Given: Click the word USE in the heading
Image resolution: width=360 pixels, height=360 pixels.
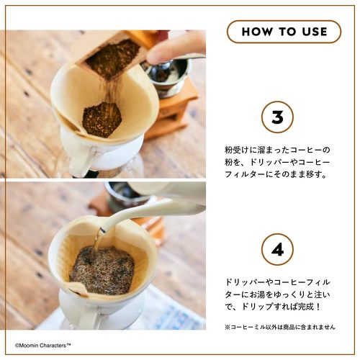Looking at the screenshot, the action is click(x=315, y=32).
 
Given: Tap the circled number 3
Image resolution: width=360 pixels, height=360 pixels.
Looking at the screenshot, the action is click(x=277, y=117).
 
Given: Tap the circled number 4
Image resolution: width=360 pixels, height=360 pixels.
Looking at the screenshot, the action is click(x=277, y=250).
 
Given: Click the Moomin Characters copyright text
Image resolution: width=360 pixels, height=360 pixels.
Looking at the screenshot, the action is click(x=43, y=346).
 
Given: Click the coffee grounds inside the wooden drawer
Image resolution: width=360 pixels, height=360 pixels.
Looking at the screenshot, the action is click(x=113, y=59).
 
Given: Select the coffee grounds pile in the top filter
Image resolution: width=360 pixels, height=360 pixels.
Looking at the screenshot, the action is click(x=102, y=120).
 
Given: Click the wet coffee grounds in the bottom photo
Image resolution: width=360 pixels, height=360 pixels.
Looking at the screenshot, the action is click(x=102, y=270).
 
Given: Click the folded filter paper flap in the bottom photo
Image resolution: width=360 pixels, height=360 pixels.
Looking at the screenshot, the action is click(x=78, y=289).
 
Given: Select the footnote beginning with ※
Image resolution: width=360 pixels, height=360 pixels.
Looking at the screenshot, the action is click(x=280, y=327).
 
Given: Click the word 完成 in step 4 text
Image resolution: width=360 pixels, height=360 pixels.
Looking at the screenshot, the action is click(x=305, y=307).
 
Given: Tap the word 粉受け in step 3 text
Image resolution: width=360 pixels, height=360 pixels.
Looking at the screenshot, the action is click(x=236, y=150).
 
